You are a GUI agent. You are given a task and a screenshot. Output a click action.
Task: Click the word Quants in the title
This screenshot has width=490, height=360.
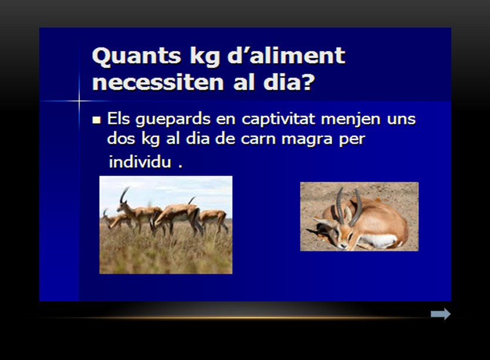137,56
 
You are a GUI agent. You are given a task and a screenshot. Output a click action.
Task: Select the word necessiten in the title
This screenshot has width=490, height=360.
158,83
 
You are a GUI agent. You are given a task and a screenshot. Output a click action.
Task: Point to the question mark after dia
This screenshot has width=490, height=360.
308,82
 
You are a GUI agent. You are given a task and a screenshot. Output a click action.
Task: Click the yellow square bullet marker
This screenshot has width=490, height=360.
97,120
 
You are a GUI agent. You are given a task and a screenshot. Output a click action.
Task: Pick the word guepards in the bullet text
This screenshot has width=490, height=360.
173,120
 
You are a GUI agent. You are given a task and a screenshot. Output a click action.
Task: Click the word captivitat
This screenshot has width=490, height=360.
278,119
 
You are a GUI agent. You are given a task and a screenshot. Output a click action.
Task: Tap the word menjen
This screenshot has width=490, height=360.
351,120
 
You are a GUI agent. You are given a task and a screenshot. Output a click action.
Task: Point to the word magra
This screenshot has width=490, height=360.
307,140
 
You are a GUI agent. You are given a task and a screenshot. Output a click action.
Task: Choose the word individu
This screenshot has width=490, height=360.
140,162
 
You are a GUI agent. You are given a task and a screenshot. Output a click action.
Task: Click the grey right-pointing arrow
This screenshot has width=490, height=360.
441,314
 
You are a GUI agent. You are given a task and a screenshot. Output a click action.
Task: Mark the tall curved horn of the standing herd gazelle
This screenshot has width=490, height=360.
124,195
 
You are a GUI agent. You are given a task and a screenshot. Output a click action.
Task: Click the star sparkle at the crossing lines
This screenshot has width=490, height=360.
79,101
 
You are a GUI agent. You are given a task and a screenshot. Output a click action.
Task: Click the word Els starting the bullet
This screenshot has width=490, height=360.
119,118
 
